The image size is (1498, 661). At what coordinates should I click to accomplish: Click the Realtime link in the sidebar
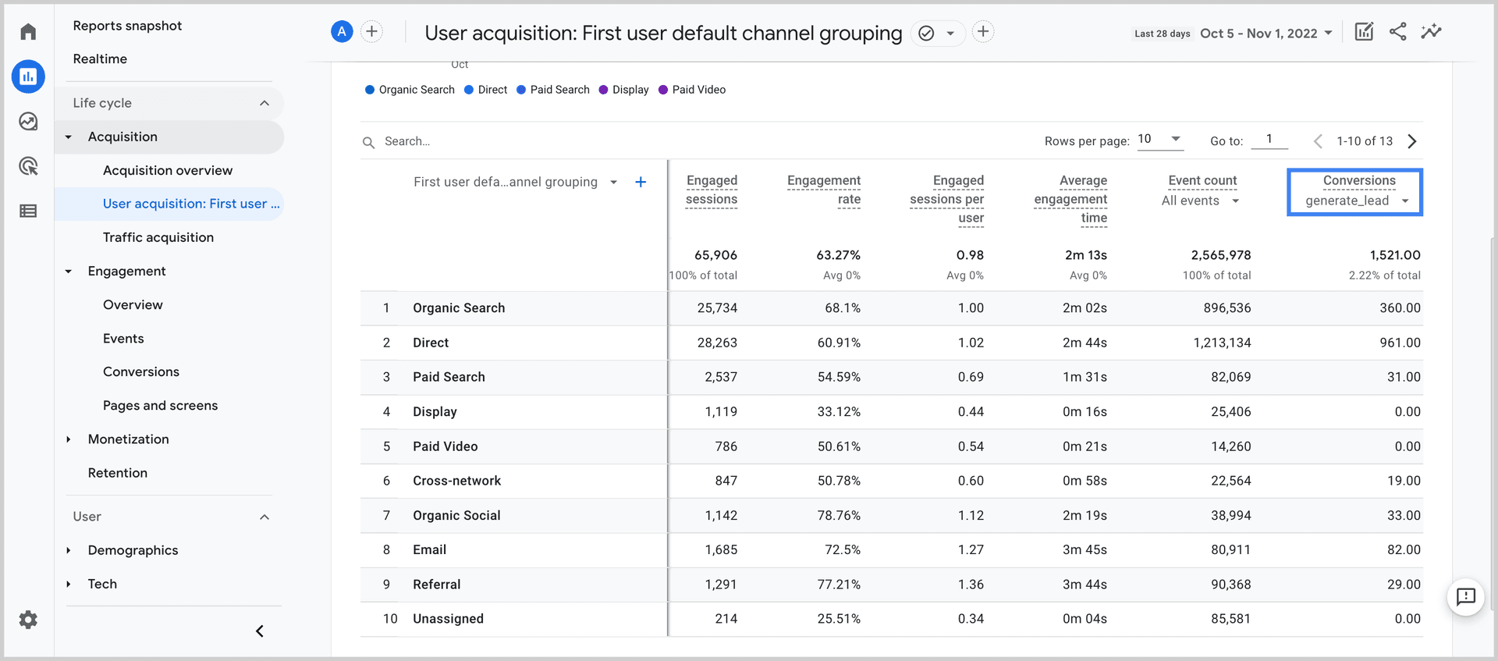[100, 59]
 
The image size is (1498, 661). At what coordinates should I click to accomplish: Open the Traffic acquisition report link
[158, 237]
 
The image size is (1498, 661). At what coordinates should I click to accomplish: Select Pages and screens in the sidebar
[160, 406]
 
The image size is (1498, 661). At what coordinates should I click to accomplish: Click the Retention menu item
[117, 473]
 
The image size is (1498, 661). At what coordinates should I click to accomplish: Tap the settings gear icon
[28, 620]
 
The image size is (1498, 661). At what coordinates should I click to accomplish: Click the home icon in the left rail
[28, 32]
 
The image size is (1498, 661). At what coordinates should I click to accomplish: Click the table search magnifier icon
[368, 142]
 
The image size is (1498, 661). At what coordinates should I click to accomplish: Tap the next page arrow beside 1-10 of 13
[1412, 141]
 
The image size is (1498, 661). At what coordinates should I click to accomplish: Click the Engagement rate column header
[824, 190]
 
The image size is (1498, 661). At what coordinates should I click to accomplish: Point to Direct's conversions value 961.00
[1400, 343]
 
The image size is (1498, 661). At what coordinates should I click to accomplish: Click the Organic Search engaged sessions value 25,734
[717, 308]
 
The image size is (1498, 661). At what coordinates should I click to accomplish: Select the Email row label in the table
[429, 550]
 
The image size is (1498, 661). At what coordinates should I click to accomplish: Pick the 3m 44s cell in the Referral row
[1084, 585]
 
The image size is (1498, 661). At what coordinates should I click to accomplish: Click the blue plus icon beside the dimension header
[641, 182]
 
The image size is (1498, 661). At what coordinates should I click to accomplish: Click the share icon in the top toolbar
[1397, 32]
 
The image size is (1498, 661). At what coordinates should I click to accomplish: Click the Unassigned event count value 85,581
[1230, 619]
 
